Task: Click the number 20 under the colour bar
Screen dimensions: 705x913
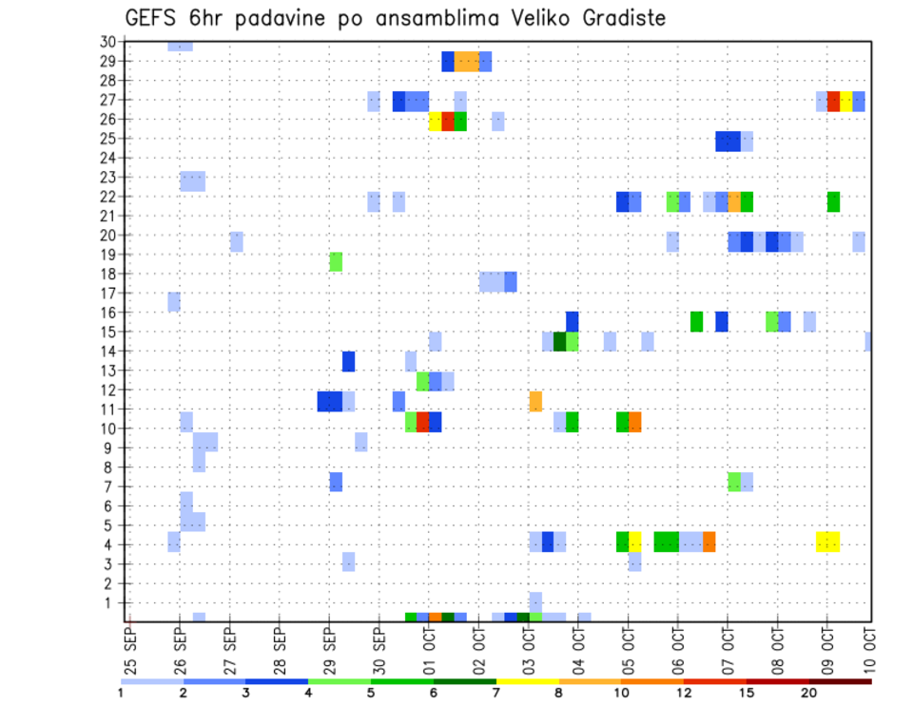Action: (x=808, y=693)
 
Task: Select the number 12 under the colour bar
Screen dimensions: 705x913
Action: (x=683, y=693)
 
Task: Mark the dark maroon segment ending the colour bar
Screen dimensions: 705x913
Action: (x=840, y=681)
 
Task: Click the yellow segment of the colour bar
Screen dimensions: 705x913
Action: (x=527, y=681)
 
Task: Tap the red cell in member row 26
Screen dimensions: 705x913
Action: (x=448, y=122)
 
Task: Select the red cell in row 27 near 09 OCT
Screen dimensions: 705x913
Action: (x=833, y=102)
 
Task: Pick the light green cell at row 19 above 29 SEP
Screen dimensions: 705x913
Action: (x=336, y=261)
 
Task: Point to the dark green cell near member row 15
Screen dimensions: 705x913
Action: (x=559, y=341)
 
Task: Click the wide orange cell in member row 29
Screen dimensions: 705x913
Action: (x=466, y=62)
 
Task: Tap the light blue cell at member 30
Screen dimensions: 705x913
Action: (x=180, y=46)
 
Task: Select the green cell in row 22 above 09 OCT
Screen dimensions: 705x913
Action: (x=833, y=201)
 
